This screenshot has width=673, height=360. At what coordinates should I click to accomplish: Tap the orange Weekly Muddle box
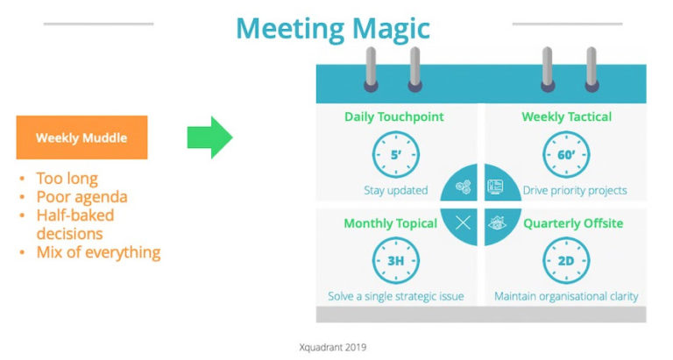(81, 138)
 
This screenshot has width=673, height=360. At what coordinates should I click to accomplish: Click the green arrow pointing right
(209, 138)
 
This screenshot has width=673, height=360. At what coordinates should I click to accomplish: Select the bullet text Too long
(68, 178)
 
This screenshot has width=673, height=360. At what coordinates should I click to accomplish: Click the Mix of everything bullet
(98, 252)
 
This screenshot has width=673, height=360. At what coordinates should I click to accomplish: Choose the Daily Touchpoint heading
(393, 116)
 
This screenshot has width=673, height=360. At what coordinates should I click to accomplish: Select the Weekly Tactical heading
(566, 116)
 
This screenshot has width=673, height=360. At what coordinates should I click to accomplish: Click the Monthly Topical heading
(390, 223)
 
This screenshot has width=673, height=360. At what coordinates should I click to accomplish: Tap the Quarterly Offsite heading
(573, 223)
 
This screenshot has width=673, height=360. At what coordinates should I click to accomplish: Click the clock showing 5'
(395, 155)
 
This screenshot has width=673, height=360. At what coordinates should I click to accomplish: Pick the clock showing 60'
(565, 155)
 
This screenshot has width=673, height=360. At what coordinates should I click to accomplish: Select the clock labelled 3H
(395, 261)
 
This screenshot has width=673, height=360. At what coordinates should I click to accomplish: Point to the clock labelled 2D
(565, 261)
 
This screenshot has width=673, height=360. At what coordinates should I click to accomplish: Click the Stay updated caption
(395, 190)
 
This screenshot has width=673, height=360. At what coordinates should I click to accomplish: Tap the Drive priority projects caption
(574, 190)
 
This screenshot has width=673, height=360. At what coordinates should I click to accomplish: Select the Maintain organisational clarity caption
(566, 296)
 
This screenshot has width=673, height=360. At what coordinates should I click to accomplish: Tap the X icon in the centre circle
(463, 222)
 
